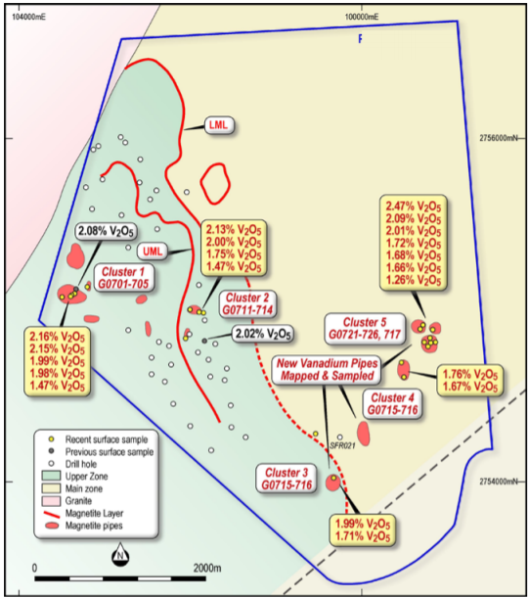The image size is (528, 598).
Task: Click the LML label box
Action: coord(219,125)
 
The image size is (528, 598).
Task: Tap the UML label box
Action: coord(153,252)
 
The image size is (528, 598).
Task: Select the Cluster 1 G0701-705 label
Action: coord(124,278)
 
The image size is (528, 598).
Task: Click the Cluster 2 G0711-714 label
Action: coord(247,303)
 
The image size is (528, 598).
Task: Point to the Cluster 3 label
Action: coord(286,479)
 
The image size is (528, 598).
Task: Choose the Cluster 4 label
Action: coord(392,404)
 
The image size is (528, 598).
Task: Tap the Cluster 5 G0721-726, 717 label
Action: coord(365,329)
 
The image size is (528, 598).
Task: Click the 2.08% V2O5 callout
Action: coord(106,231)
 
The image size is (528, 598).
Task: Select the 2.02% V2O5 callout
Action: coord(263,334)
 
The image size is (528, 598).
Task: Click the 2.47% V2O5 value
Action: coord(414,207)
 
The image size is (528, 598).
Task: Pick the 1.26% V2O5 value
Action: coord(414,280)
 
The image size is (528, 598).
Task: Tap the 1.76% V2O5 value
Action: coord(470,374)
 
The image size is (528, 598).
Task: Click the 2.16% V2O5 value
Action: coord(57,337)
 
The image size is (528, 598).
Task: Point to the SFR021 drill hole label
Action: coord(342,445)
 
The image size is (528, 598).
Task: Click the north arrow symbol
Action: coord(120,554)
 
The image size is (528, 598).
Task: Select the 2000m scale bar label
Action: coord(207,568)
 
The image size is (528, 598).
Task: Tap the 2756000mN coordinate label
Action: coord(499,138)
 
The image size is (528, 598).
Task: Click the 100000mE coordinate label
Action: coord(362,17)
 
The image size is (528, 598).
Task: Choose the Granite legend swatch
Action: coord(51,501)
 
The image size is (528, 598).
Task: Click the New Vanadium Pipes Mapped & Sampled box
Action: coord(328,370)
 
